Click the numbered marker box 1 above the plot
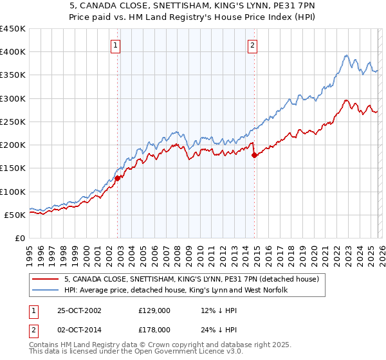pyautogui.click(x=115, y=45)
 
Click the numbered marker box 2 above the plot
pyautogui.click(x=252, y=45)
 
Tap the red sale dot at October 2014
pyautogui.click(x=254, y=155)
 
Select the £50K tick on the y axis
pyautogui.click(x=15, y=215)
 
